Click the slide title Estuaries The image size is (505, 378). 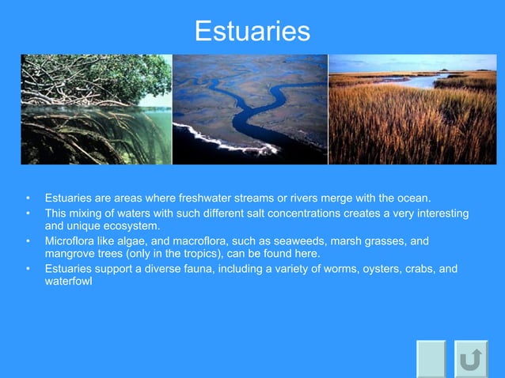click(x=252, y=31)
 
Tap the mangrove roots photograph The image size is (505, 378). click(x=96, y=109)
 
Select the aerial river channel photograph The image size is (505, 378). click(x=249, y=109)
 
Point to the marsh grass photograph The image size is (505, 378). click(x=412, y=109)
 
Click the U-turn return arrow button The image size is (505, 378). click(x=471, y=360)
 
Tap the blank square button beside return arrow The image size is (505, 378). click(x=431, y=360)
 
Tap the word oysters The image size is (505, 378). click(x=373, y=269)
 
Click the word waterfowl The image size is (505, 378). click(x=68, y=281)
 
